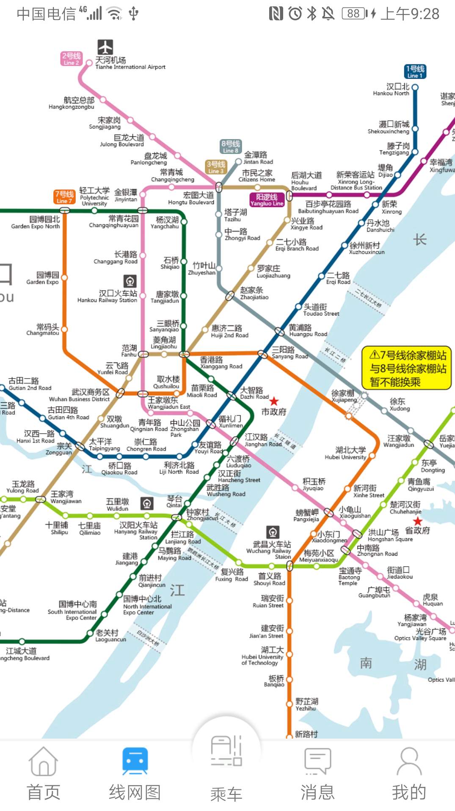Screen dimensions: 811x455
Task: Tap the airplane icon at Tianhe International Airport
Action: (105, 47)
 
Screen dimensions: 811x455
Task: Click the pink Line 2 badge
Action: (71, 58)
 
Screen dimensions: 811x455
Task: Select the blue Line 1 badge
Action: (415, 72)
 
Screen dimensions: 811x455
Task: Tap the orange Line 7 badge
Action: (64, 197)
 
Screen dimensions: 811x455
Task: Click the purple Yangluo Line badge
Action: (267, 199)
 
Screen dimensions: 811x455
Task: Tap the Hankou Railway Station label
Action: (108, 296)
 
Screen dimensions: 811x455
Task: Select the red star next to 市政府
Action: (274, 401)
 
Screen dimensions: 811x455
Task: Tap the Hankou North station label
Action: (391, 89)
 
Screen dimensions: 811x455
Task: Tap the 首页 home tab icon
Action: (43, 761)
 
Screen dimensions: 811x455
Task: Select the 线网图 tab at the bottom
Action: (135, 775)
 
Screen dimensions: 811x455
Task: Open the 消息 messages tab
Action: (317, 775)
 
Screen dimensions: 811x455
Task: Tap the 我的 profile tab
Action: (408, 775)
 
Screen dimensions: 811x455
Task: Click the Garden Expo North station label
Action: (36, 222)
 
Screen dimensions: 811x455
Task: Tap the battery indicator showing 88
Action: (355, 14)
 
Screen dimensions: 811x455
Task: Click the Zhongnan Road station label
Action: (377, 550)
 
